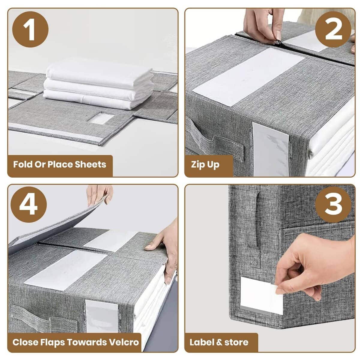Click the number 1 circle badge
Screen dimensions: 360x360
coord(30,29)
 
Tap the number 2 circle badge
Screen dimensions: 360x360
coord(333,29)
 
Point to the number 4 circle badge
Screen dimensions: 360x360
coord(28,204)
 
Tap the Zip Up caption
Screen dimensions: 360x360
coord(205,165)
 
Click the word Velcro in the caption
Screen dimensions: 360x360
coord(124,342)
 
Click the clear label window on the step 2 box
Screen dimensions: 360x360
coord(270,149)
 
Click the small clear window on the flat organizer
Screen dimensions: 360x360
coord(101,118)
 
